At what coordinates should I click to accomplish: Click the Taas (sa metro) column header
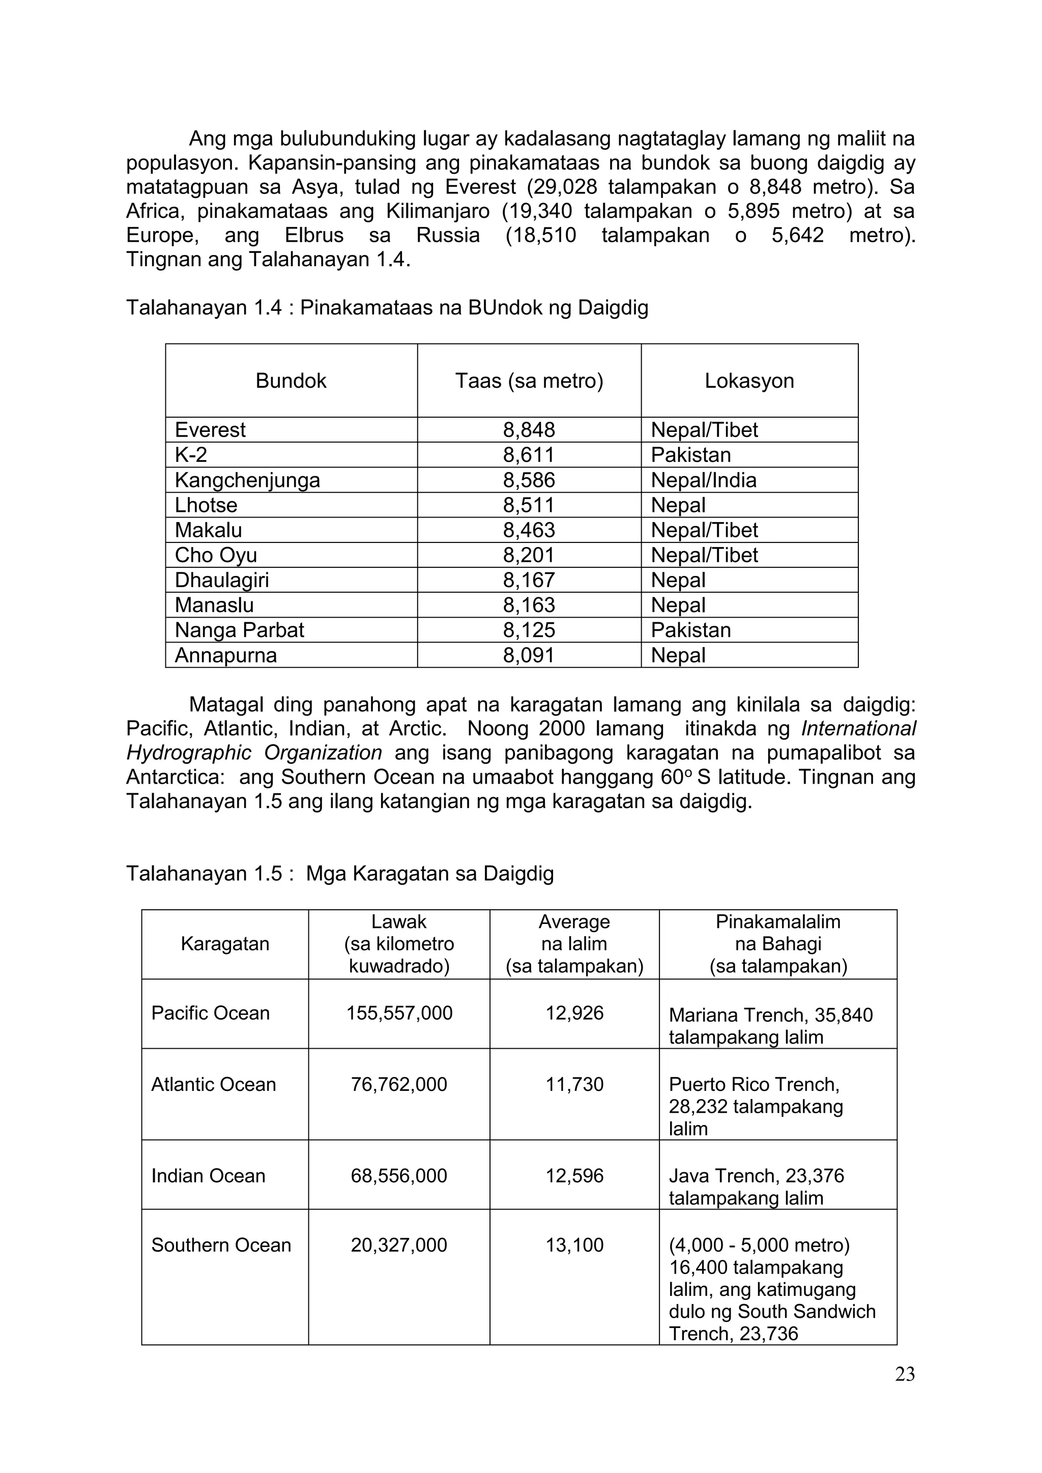pos(529,381)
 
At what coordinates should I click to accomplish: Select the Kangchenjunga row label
pos(247,480)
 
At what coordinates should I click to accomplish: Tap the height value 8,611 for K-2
pos(529,455)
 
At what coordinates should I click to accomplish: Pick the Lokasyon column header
pos(749,381)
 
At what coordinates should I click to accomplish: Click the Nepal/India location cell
pos(703,480)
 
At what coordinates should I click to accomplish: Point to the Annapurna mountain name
pos(226,655)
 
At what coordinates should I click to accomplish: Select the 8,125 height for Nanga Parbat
pos(529,630)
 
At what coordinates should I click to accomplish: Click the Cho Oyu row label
pos(216,555)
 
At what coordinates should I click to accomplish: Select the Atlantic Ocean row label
pos(214,1084)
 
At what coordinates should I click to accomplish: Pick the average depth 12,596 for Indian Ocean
pos(574,1175)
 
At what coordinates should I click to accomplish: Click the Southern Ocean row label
pos(221,1245)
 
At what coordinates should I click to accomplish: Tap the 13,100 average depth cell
pos(574,1245)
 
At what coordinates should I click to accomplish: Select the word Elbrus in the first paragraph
pos(314,236)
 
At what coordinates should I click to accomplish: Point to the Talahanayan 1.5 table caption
pos(339,873)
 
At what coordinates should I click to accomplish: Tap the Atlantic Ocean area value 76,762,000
pos(399,1084)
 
